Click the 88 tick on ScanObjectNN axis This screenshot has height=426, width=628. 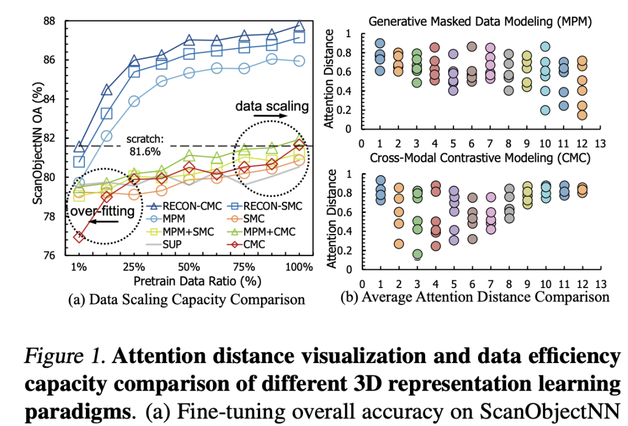[53, 21]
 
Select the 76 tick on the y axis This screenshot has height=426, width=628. [53, 255]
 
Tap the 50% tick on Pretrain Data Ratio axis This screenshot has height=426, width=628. [189, 268]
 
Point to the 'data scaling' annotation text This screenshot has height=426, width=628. [272, 106]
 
